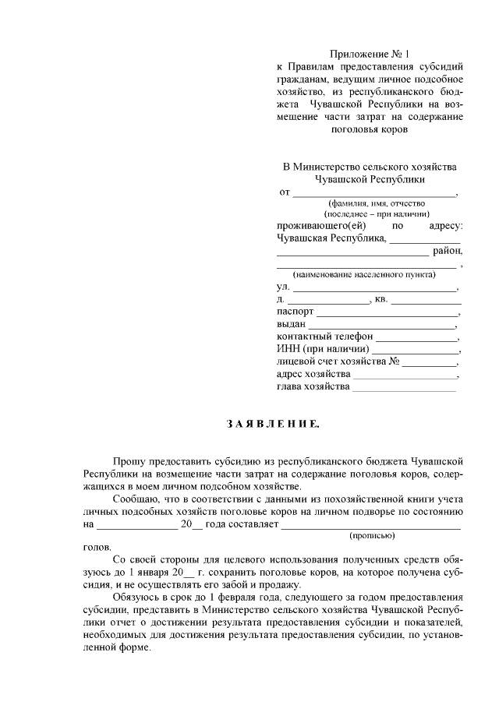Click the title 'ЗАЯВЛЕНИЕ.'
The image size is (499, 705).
tap(272, 425)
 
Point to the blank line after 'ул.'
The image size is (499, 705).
tap(374, 287)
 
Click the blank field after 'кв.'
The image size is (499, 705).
tap(426, 300)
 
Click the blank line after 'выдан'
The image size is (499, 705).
tap(382, 325)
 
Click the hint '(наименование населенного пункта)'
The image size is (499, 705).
tap(364, 275)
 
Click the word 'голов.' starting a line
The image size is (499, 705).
tap(97, 548)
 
